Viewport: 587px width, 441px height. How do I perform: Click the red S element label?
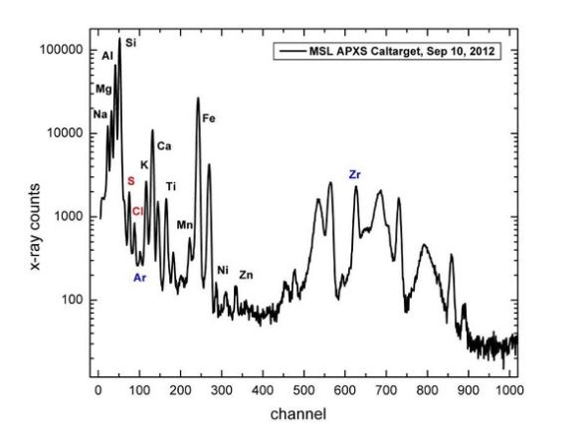131,181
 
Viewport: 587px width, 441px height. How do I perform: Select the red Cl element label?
137,212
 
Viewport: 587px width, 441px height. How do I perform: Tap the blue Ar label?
139,278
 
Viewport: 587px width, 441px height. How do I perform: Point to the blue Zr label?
354,174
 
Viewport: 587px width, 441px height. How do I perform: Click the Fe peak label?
209,118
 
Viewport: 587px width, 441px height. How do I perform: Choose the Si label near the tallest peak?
130,43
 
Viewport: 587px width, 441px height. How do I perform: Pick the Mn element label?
185,225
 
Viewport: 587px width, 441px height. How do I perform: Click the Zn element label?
246,275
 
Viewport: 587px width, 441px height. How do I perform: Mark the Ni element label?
223,270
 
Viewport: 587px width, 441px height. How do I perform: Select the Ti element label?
171,186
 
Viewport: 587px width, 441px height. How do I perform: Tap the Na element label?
100,114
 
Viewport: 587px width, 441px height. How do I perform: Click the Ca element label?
164,146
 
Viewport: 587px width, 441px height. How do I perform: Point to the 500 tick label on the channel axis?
303,390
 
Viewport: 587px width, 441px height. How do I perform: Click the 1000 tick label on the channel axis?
509,390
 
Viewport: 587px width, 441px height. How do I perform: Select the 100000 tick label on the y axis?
61,50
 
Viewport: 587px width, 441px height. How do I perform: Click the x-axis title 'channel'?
298,414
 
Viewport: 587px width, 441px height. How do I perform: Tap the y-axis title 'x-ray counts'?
35,226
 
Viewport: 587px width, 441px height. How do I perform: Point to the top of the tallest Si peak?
119,38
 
